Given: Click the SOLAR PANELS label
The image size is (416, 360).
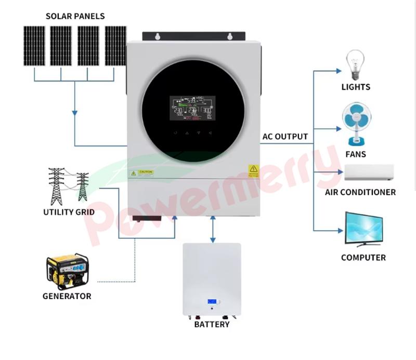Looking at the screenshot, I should [75, 16].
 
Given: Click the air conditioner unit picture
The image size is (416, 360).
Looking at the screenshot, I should [369, 172].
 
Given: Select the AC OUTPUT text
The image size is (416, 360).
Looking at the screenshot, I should [285, 137].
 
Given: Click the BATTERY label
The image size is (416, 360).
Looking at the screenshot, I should [212, 325].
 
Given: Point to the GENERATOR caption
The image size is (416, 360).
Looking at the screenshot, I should [67, 297].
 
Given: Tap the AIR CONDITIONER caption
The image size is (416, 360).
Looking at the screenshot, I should [360, 192].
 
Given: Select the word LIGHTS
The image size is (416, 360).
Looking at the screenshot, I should [356, 87].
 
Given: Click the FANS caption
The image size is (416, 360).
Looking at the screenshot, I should [356, 154].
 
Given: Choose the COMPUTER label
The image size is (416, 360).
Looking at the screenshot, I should [363, 258].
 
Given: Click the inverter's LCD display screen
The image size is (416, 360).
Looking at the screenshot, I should [192, 107].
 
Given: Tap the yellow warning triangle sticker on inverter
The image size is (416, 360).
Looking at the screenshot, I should [253, 169].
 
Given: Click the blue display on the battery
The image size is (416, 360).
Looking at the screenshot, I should [212, 302].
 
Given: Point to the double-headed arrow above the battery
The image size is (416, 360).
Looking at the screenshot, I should [212, 229].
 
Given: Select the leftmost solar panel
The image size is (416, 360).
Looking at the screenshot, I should [34, 46].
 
